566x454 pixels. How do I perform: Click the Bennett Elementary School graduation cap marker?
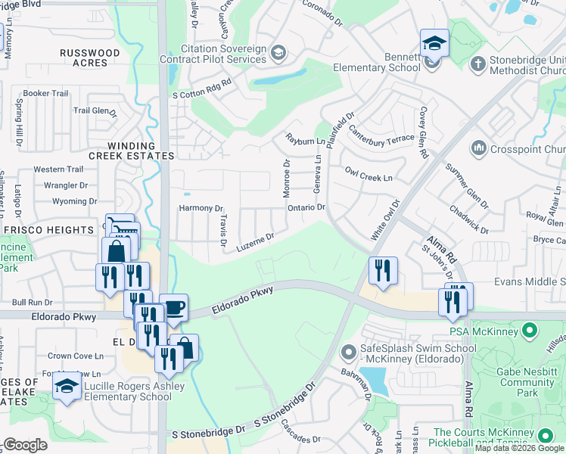click(x=434, y=44)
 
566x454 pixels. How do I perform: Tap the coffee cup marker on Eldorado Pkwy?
click(x=173, y=307)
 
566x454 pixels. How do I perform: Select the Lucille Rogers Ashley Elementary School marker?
click(x=67, y=387)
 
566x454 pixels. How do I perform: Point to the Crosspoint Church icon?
click(x=477, y=147)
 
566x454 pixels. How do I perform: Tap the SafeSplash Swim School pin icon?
click(x=348, y=353)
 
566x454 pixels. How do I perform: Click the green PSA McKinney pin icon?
click(x=530, y=330)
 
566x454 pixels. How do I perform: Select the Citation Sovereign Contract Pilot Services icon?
click(x=278, y=52)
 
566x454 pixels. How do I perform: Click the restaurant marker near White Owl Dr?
click(x=382, y=270)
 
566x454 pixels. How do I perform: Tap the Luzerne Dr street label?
click(x=254, y=241)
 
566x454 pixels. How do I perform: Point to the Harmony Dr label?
click(x=200, y=208)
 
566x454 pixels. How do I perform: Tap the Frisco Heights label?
click(x=48, y=229)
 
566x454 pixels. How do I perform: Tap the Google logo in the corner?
click(x=25, y=445)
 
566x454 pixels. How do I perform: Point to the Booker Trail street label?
click(x=45, y=94)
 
